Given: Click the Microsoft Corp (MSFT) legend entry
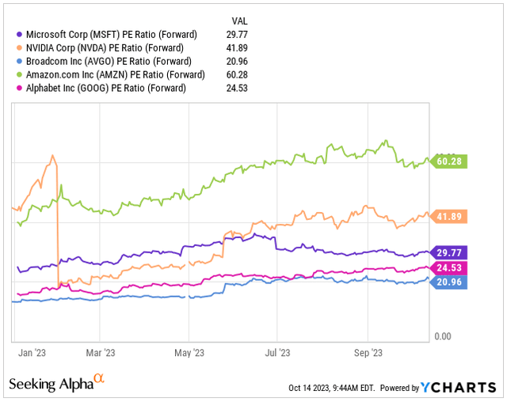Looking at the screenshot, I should point(110,34).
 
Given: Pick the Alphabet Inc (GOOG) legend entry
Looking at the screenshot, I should point(104,88).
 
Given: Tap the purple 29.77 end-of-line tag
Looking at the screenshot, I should point(448,252).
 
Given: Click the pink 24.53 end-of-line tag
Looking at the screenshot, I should point(448,268).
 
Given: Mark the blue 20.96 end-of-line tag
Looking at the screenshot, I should point(448,283).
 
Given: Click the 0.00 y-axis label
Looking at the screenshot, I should point(442,336).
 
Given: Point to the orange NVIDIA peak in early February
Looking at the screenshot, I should point(52,156).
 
